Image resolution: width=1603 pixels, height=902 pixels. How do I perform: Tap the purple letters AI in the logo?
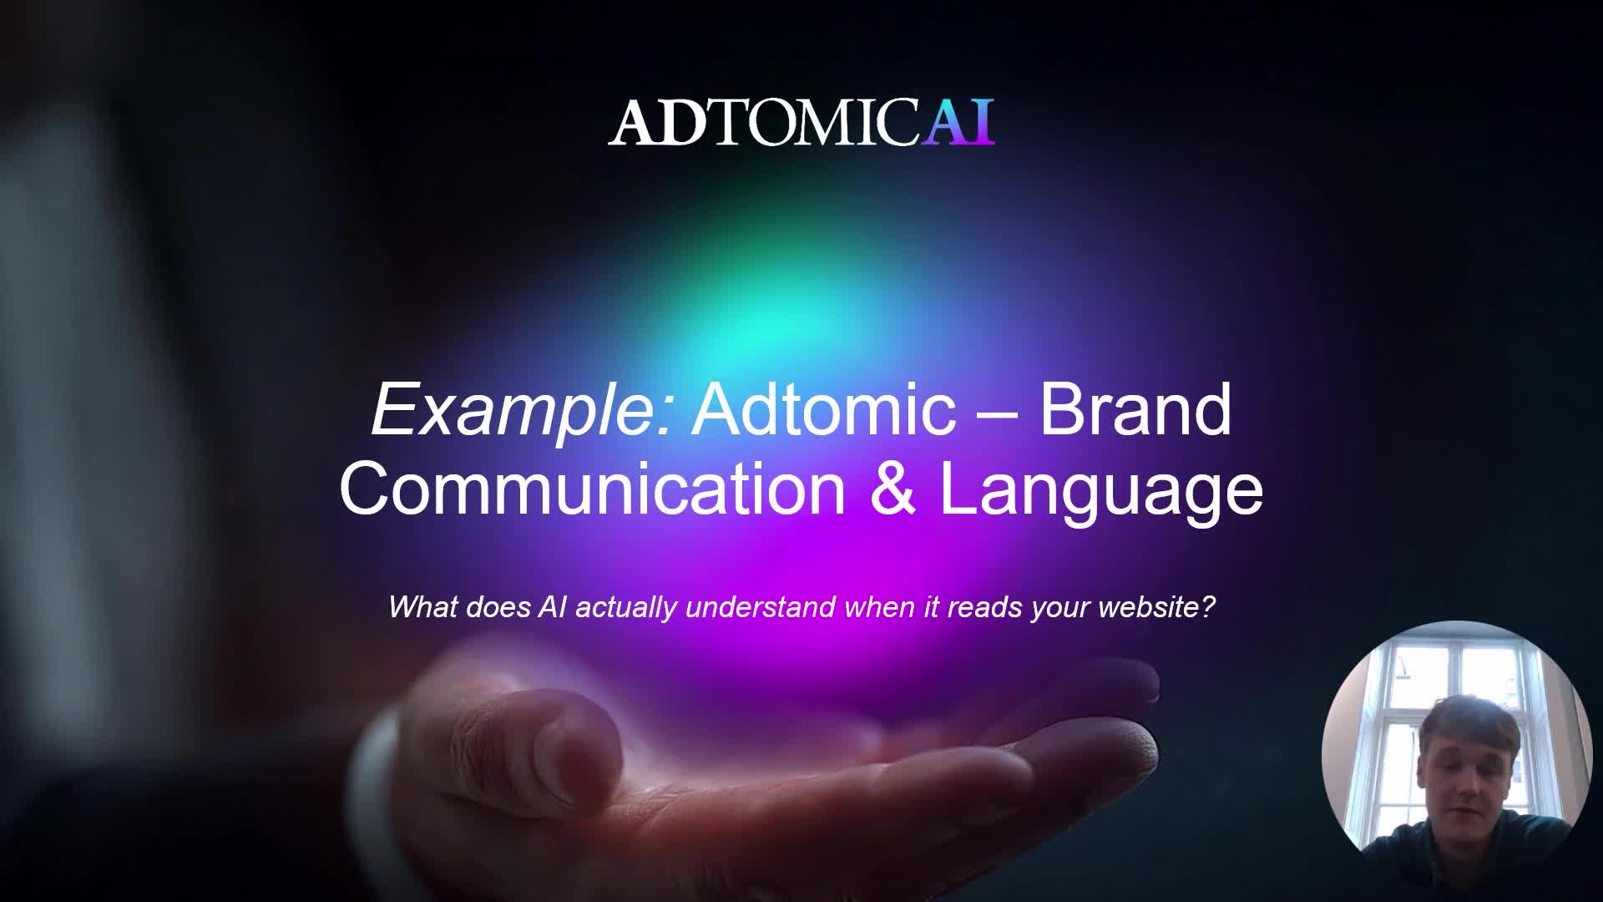pos(958,124)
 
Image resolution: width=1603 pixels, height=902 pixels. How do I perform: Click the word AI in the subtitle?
pos(552,606)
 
